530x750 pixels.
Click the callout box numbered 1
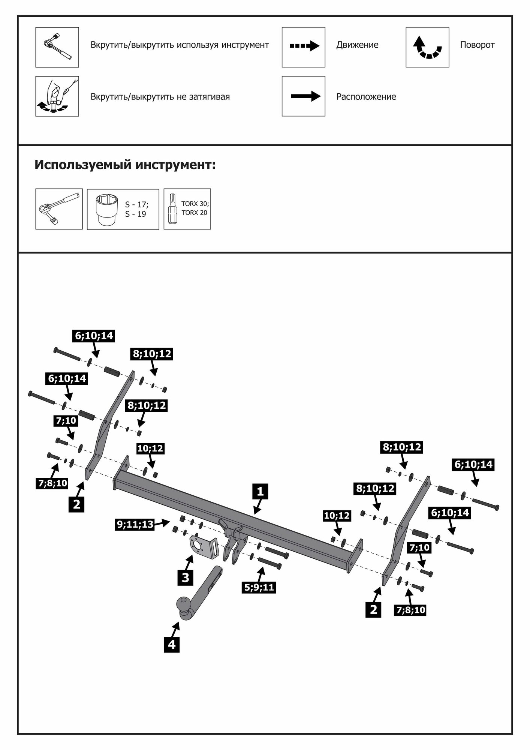click(x=260, y=491)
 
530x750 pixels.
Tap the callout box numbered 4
click(x=172, y=645)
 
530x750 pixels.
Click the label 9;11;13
click(x=135, y=524)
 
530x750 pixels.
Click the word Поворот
click(x=477, y=45)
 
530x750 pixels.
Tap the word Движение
click(x=357, y=45)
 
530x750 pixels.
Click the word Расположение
click(x=366, y=97)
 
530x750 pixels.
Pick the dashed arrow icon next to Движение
click(x=304, y=46)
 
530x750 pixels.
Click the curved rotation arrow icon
click(x=427, y=47)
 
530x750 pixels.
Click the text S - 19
click(x=135, y=214)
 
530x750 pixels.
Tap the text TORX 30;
click(x=195, y=204)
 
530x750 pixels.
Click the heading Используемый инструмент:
click(x=125, y=165)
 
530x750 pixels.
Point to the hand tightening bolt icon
click(x=57, y=96)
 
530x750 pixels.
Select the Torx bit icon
click(x=173, y=209)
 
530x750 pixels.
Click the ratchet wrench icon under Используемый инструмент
click(x=59, y=209)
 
